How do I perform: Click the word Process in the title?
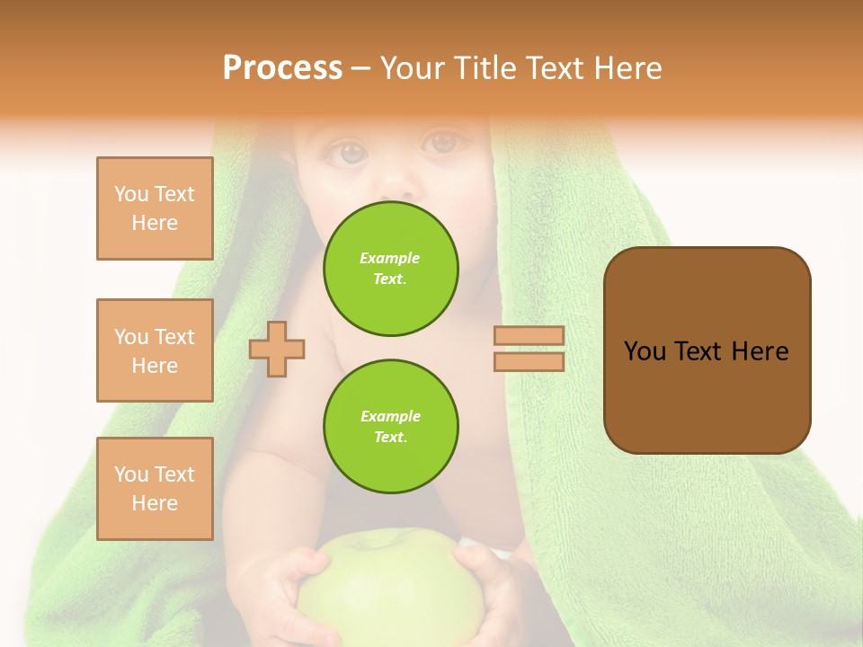coord(282,68)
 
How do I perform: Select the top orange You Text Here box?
coord(155,208)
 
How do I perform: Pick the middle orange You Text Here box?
coord(155,350)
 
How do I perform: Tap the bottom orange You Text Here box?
coord(155,489)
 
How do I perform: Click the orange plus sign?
coord(277,348)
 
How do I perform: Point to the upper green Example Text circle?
coord(391,269)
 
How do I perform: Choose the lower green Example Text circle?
coord(391,427)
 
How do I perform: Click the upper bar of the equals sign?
coord(529,335)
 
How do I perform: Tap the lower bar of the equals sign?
coord(529,361)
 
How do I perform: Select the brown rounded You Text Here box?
coord(707,350)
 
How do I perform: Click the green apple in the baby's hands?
coord(387,584)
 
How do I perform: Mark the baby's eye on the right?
coord(441,142)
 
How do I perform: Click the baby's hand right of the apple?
coord(490,584)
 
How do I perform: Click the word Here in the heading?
coord(626,68)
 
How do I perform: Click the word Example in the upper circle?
coord(390,258)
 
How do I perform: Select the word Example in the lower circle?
coord(390,416)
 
